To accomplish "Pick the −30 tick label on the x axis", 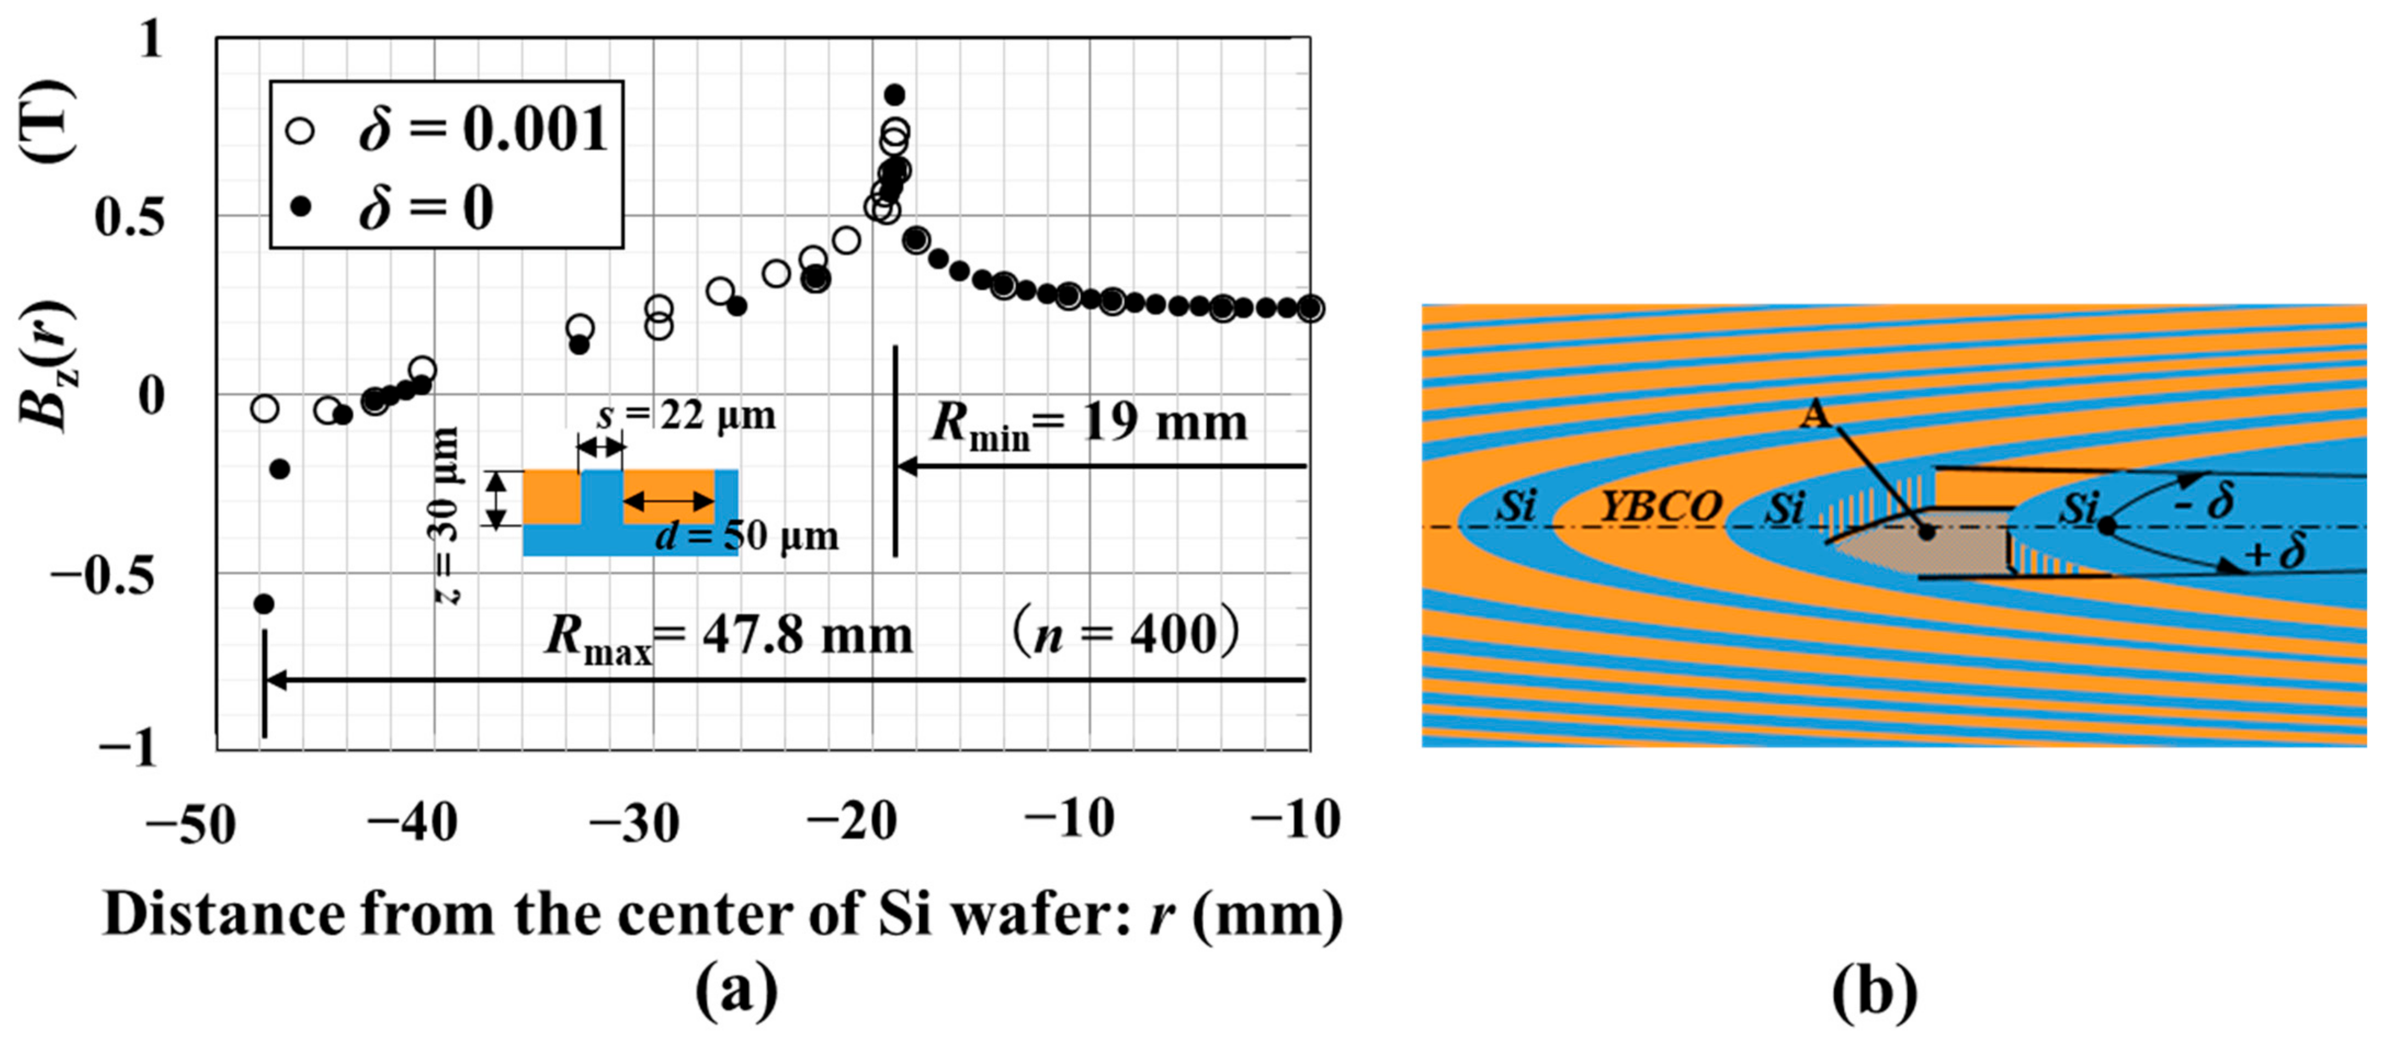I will coord(634,822).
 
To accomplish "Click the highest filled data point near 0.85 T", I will coord(894,94).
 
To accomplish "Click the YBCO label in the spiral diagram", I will coord(1660,506).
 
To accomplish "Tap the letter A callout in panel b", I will coord(1815,416).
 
